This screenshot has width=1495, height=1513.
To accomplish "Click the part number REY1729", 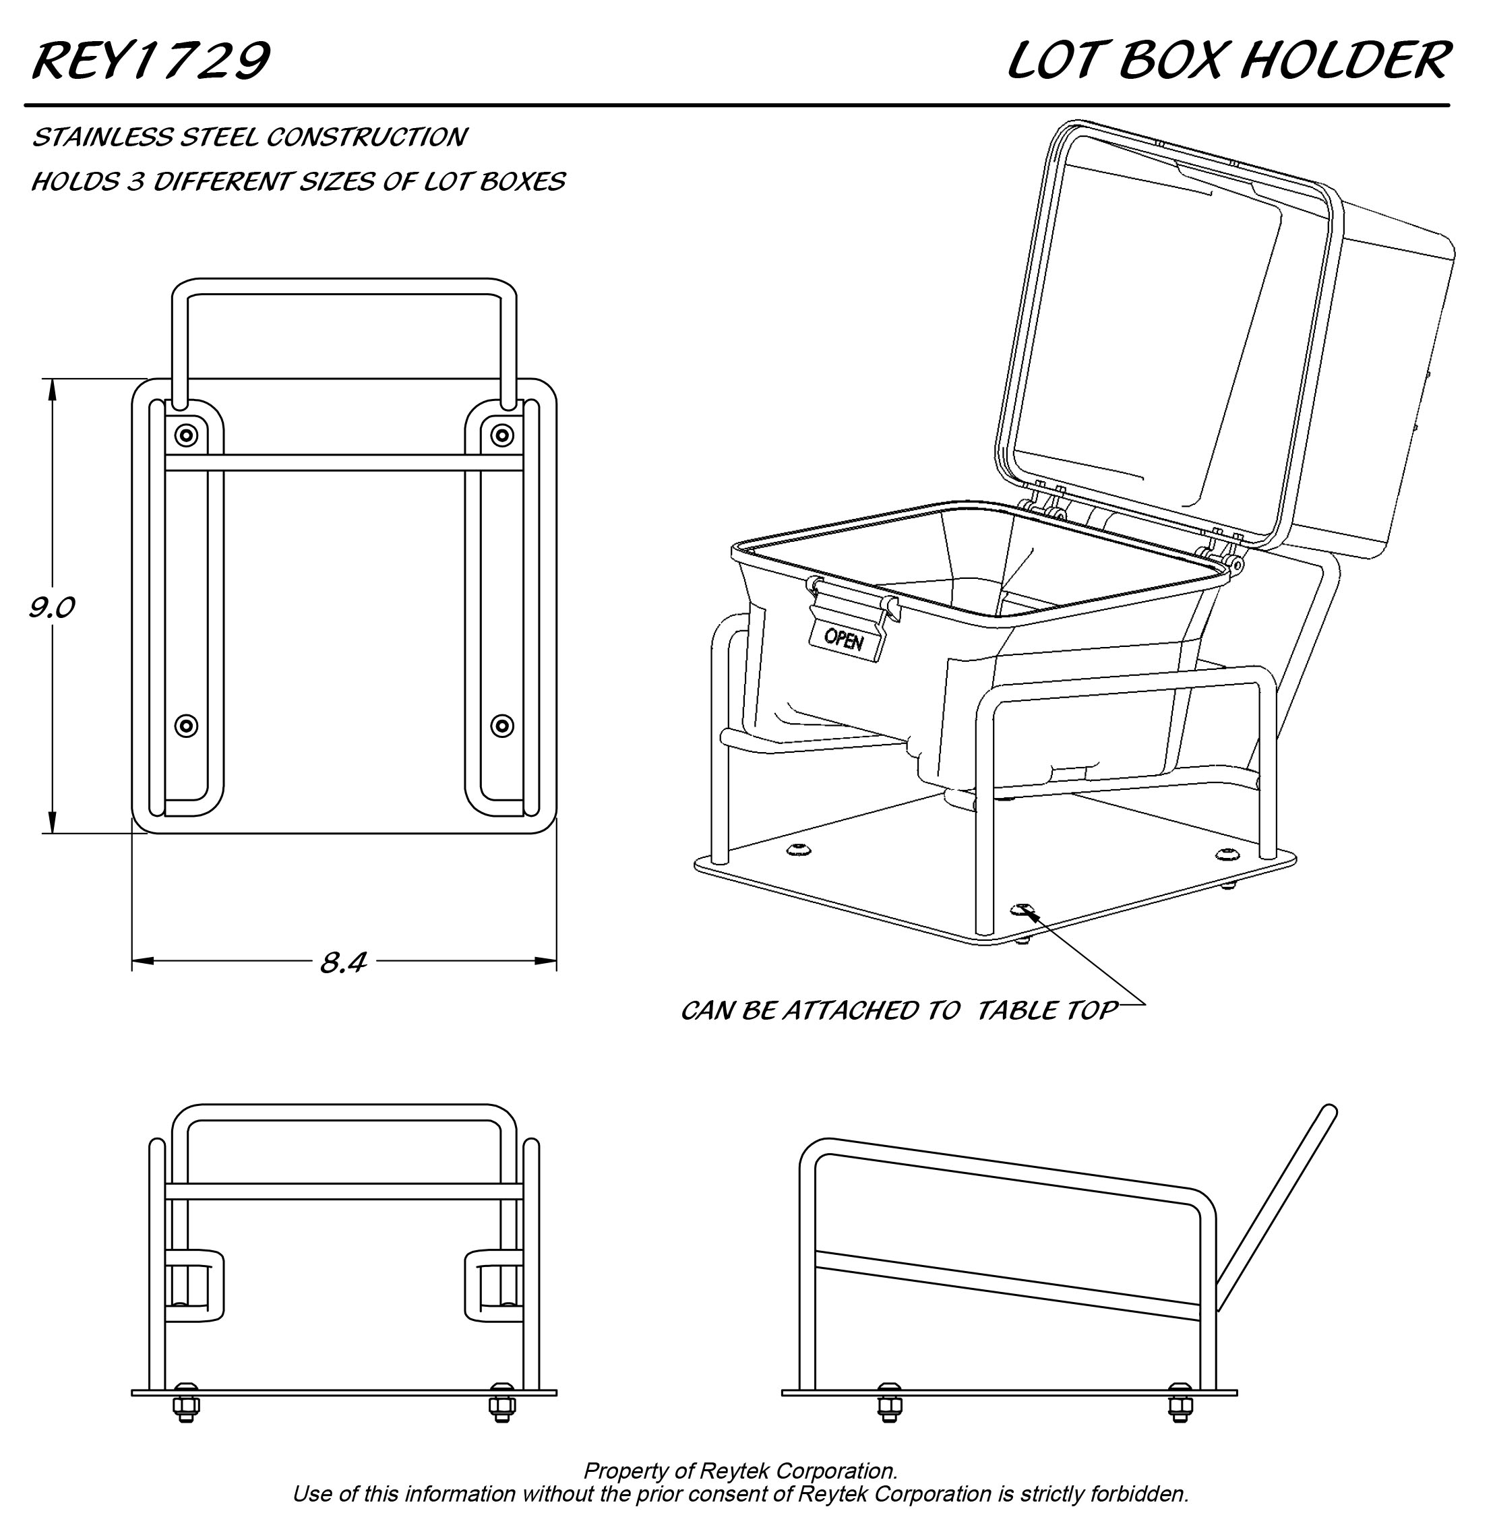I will tap(150, 61).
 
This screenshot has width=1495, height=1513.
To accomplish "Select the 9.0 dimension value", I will tap(52, 608).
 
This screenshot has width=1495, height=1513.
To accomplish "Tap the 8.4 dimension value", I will tap(343, 962).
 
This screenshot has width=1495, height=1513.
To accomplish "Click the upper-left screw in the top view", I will tap(187, 435).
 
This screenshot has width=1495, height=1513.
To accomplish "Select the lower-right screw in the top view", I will tap(502, 726).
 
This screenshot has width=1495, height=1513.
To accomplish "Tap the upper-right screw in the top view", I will tap(502, 435).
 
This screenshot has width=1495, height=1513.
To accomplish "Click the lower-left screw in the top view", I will tap(187, 726).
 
